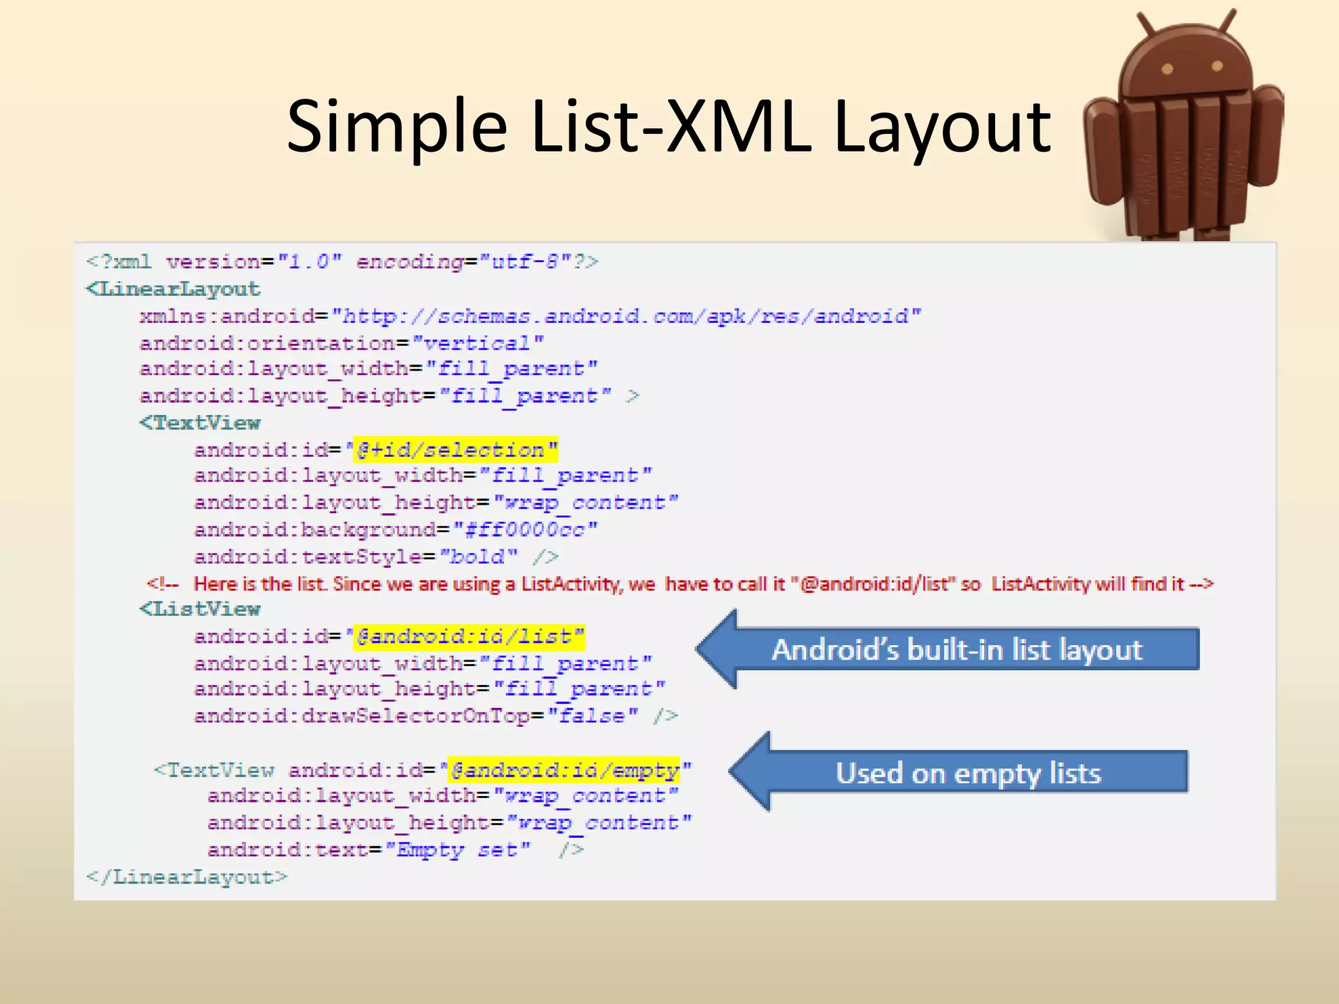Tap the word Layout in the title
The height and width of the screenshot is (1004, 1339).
pyautogui.click(x=942, y=126)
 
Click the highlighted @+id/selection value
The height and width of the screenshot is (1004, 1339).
pyautogui.click(x=455, y=450)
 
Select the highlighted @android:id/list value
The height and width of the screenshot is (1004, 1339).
pyautogui.click(x=469, y=637)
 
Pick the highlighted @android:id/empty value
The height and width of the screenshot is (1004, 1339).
pyautogui.click(x=564, y=771)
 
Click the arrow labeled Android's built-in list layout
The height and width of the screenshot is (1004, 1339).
pyautogui.click(x=948, y=649)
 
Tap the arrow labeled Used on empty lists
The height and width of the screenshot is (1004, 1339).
pyautogui.click(x=959, y=772)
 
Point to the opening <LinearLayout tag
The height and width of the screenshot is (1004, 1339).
pyautogui.click(x=173, y=289)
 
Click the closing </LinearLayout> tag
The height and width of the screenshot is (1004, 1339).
pyautogui.click(x=186, y=877)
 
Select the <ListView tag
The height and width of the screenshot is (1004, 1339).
pyautogui.click(x=200, y=609)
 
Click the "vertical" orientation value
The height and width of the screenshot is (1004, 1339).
pyautogui.click(x=478, y=343)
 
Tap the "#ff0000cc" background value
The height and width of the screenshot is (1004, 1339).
pyautogui.click(x=525, y=529)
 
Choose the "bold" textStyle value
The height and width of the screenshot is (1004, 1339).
pyautogui.click(x=478, y=557)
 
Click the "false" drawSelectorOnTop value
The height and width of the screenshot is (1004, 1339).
pyautogui.click(x=592, y=716)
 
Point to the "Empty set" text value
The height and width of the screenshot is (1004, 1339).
pyautogui.click(x=458, y=850)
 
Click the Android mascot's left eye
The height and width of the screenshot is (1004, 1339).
pyautogui.click(x=1167, y=69)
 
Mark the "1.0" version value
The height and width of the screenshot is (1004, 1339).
pyautogui.click(x=309, y=262)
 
